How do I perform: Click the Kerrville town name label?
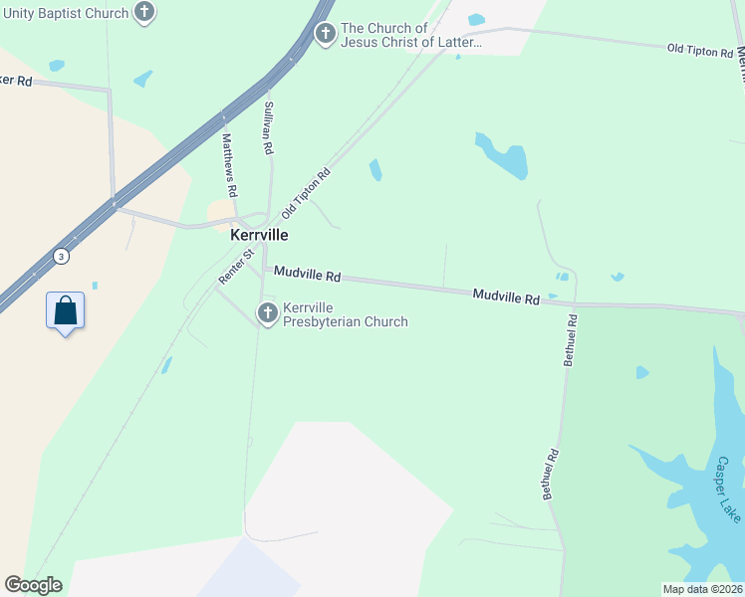coord(259,236)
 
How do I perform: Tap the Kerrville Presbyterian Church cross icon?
coord(267,313)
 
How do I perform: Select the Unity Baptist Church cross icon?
coord(145,13)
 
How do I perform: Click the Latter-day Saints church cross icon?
coord(325,34)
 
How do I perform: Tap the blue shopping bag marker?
coord(65,310)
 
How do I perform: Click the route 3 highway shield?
coord(62,255)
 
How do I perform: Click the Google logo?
coord(33,584)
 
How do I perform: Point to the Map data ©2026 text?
coord(702,589)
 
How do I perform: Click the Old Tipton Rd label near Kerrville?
coord(306,193)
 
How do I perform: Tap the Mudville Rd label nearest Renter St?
coord(308,274)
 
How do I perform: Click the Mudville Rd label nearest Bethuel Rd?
coord(506,297)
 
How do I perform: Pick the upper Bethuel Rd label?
coord(571,341)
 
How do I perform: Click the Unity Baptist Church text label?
coord(65,13)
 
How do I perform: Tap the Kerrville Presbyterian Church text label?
coord(345,314)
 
